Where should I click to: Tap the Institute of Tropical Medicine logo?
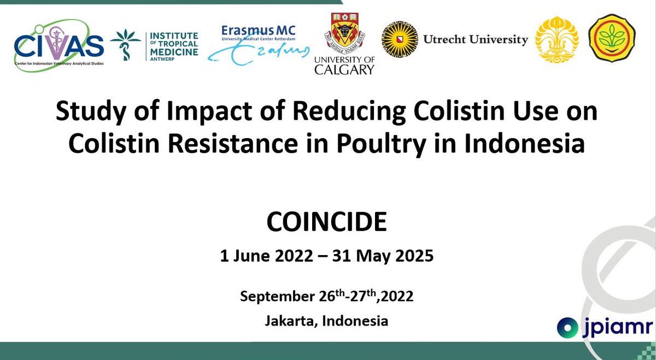point(154,44)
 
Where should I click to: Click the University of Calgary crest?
point(344,34)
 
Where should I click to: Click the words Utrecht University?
point(476,39)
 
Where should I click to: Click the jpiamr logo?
point(605,327)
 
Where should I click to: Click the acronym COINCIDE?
point(327,223)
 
